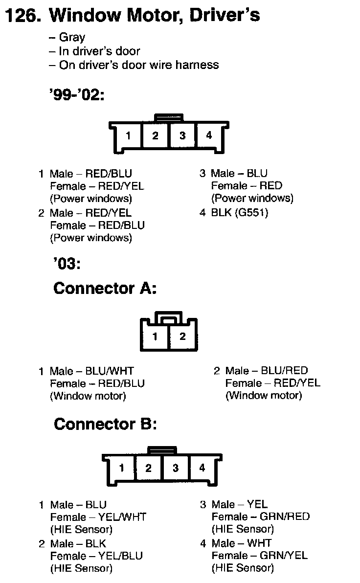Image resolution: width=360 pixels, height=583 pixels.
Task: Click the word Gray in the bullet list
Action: point(72,37)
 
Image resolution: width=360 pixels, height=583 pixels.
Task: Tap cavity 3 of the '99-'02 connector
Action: point(182,135)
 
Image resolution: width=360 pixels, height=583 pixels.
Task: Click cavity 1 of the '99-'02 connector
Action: point(128,135)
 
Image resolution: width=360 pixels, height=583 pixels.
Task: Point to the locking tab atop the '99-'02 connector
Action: point(169,117)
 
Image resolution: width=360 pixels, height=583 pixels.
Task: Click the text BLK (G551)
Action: point(240,213)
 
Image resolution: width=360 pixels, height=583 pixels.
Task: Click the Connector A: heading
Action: point(105,288)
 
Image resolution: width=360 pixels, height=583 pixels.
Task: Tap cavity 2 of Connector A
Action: point(182,336)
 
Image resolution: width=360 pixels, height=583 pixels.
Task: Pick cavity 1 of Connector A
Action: point(155,336)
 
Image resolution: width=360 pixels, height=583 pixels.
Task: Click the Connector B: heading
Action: point(105,424)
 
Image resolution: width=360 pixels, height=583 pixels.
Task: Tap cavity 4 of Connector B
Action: point(202,468)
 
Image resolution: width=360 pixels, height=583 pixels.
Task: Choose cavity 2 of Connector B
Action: point(148,468)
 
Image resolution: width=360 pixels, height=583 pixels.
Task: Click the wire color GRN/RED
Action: point(285,516)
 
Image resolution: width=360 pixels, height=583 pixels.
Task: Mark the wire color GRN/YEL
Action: point(284,556)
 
